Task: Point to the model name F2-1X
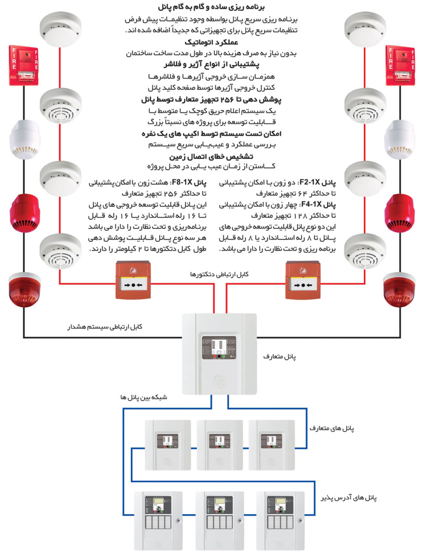[310, 182]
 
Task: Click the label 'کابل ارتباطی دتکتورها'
[219, 274]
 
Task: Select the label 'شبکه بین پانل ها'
[144, 397]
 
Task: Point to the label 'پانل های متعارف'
[332, 428]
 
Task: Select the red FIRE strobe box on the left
[24, 65]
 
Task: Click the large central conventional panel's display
[219, 347]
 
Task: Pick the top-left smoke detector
[60, 29]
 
